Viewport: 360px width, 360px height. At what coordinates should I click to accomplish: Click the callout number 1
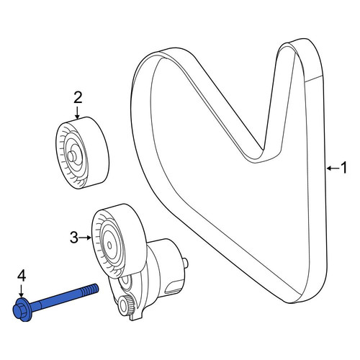(344, 168)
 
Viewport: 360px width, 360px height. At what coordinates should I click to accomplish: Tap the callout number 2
(78, 98)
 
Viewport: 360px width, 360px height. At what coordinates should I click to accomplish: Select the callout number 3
(74, 238)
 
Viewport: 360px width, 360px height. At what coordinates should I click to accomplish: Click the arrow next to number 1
(333, 168)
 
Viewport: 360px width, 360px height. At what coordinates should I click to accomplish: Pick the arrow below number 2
(77, 113)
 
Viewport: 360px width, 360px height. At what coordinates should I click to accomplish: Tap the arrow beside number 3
(85, 238)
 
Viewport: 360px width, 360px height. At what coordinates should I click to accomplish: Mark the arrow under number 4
(22, 291)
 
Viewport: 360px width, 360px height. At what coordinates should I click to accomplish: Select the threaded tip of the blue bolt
(90, 289)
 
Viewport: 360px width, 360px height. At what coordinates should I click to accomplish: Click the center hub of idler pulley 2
(71, 156)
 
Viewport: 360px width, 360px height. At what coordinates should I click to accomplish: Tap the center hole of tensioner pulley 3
(109, 245)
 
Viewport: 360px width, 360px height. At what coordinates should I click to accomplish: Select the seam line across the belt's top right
(315, 78)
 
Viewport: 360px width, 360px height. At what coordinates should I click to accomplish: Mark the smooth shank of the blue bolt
(56, 299)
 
